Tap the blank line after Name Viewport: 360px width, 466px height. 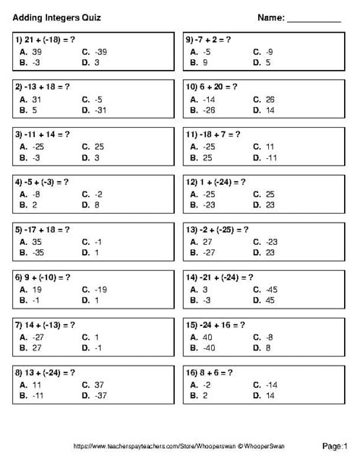pyautogui.click(x=314, y=18)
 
